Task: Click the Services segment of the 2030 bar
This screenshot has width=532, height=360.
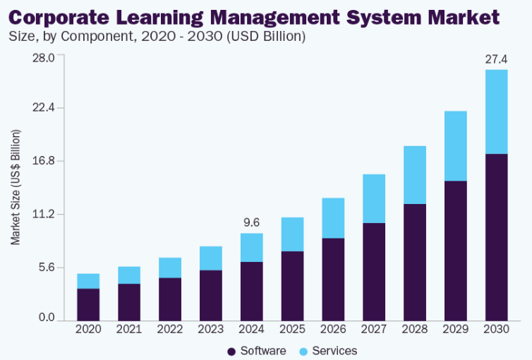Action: (x=496, y=112)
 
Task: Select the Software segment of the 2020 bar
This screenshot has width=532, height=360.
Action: (x=88, y=304)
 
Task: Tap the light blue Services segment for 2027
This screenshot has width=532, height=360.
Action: (x=373, y=198)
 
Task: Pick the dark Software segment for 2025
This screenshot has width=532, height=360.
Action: (x=292, y=284)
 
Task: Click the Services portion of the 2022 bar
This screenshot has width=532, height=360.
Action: (x=170, y=268)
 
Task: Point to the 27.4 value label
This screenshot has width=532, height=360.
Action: (x=496, y=59)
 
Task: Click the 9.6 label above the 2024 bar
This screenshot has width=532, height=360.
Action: (x=251, y=222)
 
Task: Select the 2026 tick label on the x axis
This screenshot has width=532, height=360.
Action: (x=332, y=329)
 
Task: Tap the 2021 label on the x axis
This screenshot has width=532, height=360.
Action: (x=129, y=329)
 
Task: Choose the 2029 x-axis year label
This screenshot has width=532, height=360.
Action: (x=455, y=329)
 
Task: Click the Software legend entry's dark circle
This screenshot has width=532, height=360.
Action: (x=231, y=352)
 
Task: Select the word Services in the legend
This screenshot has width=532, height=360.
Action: (x=334, y=351)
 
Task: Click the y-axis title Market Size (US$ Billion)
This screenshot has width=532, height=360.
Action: (x=16, y=187)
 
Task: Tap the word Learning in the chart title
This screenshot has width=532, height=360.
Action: (x=185, y=17)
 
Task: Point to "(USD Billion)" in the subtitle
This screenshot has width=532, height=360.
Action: (x=262, y=36)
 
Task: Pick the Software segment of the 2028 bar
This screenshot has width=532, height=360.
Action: (x=414, y=261)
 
